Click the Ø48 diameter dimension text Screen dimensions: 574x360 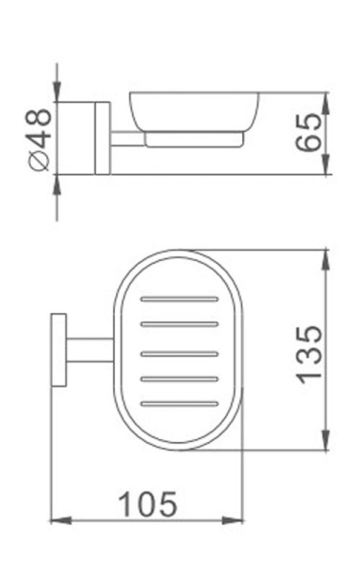point(39,138)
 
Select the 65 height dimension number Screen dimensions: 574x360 point(308,136)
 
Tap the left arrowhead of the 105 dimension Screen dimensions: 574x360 point(56,520)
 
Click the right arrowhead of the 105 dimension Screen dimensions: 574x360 point(241,520)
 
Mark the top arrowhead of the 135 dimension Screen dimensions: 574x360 point(328,255)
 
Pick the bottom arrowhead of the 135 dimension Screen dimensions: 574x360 point(328,447)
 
